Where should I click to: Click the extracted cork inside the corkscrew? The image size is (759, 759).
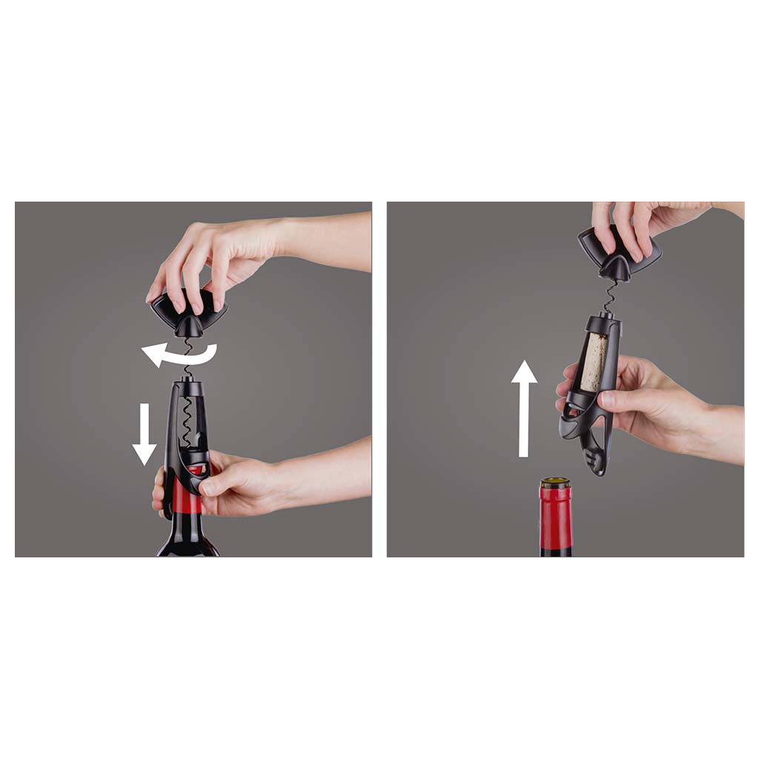coord(594,362)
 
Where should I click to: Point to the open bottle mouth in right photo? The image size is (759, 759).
coord(555,483)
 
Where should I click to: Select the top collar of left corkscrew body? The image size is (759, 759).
coord(186,384)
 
